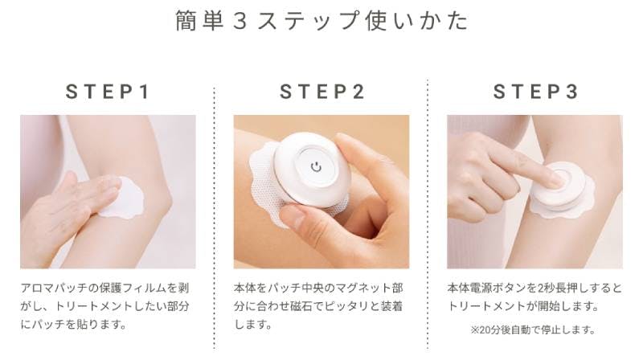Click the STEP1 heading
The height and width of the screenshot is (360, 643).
click(x=108, y=92)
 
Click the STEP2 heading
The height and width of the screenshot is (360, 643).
click(x=322, y=92)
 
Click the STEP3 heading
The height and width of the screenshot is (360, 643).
click(x=535, y=92)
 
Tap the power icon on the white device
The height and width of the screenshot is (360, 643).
click(x=316, y=167)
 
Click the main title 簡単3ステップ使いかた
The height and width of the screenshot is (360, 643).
click(x=322, y=21)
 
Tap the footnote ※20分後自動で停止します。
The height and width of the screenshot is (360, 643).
click(x=533, y=330)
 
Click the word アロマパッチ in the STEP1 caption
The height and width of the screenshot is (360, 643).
click(x=54, y=288)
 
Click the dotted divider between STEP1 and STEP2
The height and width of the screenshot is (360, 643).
click(x=214, y=217)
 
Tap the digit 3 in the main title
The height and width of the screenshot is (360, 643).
click(x=240, y=22)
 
